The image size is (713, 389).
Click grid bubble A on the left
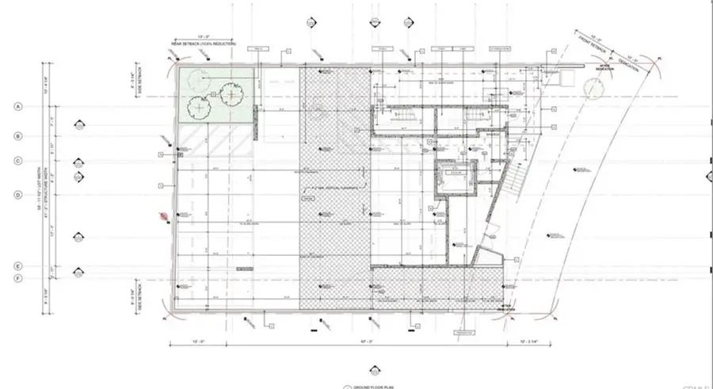tap(17, 106)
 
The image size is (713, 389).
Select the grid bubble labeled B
tap(17, 135)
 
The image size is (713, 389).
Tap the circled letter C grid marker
tap(17, 161)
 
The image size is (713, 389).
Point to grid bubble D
tap(17, 194)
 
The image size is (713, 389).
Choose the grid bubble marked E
tap(17, 266)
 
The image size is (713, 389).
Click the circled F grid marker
tap(17, 278)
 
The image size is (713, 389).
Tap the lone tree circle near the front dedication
tap(592, 92)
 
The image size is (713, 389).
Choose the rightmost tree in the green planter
tap(231, 95)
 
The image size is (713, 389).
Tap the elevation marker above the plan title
tap(371, 369)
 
